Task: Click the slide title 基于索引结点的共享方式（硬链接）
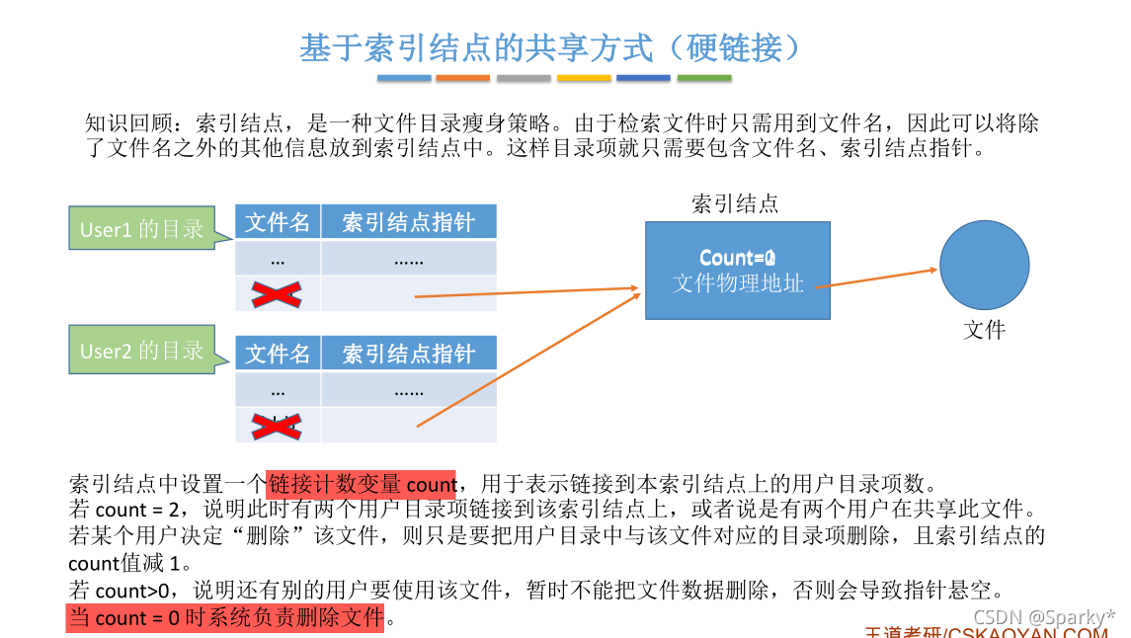pyautogui.click(x=555, y=46)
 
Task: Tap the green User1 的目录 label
pyautogui.click(x=141, y=229)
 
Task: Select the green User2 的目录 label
pyautogui.click(x=141, y=351)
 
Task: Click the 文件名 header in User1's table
pyautogui.click(x=278, y=222)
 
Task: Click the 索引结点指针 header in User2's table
pyautogui.click(x=408, y=354)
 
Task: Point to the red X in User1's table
pyautogui.click(x=277, y=293)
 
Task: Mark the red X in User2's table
pyautogui.click(x=277, y=426)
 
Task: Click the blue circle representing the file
pyautogui.click(x=984, y=264)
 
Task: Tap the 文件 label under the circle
pyautogui.click(x=984, y=330)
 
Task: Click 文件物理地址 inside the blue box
pyautogui.click(x=738, y=283)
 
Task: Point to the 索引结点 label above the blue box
pyautogui.click(x=735, y=203)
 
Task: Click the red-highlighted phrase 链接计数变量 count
pyautogui.click(x=361, y=484)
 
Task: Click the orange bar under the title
pyautogui.click(x=463, y=78)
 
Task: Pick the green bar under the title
pyautogui.click(x=704, y=78)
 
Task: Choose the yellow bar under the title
pyautogui.click(x=584, y=78)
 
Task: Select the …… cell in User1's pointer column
pyautogui.click(x=408, y=260)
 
